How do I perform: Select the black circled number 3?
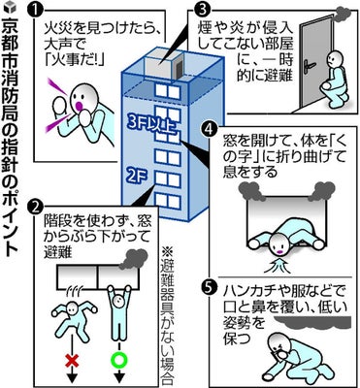click(x=200, y=10)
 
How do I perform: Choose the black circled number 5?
click(x=211, y=286)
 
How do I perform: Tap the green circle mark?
click(x=119, y=359)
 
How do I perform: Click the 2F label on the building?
click(x=138, y=177)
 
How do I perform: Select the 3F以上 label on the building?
click(x=151, y=125)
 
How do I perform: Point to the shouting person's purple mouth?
click(x=80, y=106)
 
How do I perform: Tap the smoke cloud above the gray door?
click(x=342, y=12)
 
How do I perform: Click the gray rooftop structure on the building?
click(x=164, y=65)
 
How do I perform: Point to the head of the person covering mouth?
click(x=279, y=344)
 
